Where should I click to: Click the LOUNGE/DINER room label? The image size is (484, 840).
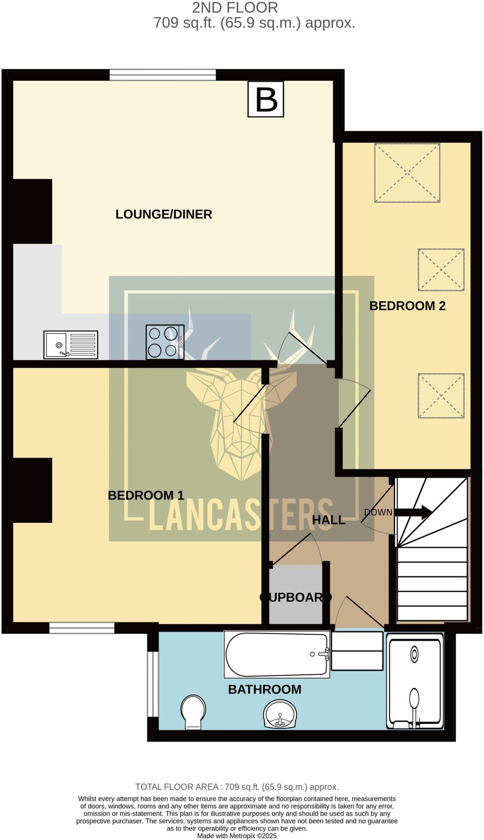(164, 214)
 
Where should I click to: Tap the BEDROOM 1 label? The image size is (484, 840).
(146, 495)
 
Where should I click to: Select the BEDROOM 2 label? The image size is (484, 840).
(407, 306)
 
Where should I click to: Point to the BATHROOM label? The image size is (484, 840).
(264, 689)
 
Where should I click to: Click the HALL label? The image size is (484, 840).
(329, 520)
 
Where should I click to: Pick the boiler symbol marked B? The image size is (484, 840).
(266, 99)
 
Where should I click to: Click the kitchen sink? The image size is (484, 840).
(71, 345)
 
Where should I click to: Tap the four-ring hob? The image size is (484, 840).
(165, 342)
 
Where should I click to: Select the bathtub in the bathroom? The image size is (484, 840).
(277, 654)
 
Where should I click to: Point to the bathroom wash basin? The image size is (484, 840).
(280, 714)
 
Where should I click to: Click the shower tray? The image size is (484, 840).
(415, 680)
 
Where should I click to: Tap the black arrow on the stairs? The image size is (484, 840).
(414, 512)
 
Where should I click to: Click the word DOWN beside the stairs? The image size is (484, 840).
(378, 512)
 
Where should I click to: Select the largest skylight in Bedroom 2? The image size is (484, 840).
(407, 173)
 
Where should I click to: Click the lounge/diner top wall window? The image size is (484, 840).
(163, 75)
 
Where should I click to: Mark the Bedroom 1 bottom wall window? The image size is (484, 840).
(82, 628)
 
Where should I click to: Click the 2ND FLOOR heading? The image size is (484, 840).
(235, 7)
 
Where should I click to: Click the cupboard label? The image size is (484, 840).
(295, 597)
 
